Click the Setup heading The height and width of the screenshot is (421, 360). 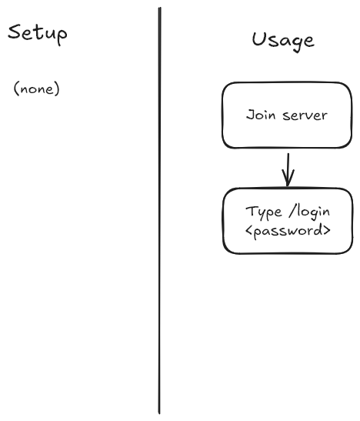pyautogui.click(x=37, y=34)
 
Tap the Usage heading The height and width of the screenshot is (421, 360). pyautogui.click(x=283, y=41)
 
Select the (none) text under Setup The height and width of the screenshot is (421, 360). pyautogui.click(x=36, y=89)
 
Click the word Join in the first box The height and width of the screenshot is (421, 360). pyautogui.click(x=261, y=115)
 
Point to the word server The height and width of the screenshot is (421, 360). pyautogui.click(x=305, y=115)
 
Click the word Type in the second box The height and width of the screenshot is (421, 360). pyautogui.click(x=264, y=212)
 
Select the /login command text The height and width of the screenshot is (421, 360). pyautogui.click(x=309, y=212)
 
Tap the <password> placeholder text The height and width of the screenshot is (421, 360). pyautogui.click(x=288, y=231)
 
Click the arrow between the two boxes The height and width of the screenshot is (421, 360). pyautogui.click(x=288, y=169)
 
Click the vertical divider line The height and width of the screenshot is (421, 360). pyautogui.click(x=159, y=211)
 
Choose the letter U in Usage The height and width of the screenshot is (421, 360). pyautogui.click(x=259, y=39)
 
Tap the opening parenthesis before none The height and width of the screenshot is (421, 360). pyautogui.click(x=16, y=89)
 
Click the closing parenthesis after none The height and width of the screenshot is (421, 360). pyautogui.click(x=57, y=89)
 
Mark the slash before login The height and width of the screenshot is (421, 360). pyautogui.click(x=292, y=212)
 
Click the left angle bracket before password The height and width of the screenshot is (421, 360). pyautogui.click(x=248, y=231)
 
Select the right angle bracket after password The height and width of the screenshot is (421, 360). pyautogui.click(x=327, y=230)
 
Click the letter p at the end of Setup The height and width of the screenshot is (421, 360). pyautogui.click(x=62, y=36)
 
